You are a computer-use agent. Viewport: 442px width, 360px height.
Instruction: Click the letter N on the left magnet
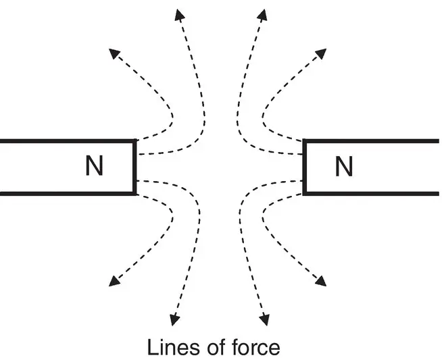click(x=95, y=167)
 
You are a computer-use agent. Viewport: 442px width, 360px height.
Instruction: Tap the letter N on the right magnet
click(x=344, y=167)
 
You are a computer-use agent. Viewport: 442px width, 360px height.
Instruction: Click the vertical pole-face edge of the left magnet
click(x=136, y=167)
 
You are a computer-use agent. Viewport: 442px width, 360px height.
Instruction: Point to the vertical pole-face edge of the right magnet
click(x=304, y=167)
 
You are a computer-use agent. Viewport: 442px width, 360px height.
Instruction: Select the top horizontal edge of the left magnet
click(x=68, y=140)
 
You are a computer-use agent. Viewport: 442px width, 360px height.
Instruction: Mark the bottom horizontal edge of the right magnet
click(x=372, y=194)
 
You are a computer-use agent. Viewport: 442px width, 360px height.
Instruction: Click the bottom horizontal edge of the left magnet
click(x=68, y=194)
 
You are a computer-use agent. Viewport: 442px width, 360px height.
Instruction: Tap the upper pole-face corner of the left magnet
click(x=136, y=140)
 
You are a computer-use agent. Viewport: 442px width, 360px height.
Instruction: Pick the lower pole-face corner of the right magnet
click(x=304, y=194)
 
